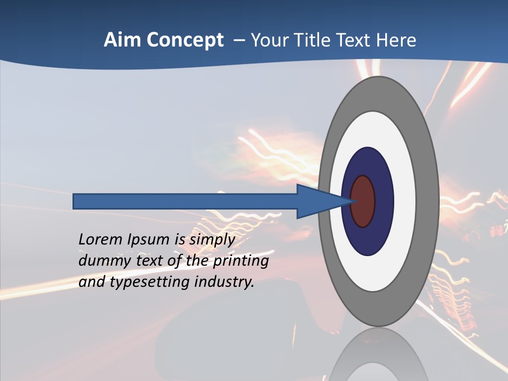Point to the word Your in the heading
coord(269,40)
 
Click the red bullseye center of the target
coord(364,201)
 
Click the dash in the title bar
coord(239,40)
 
